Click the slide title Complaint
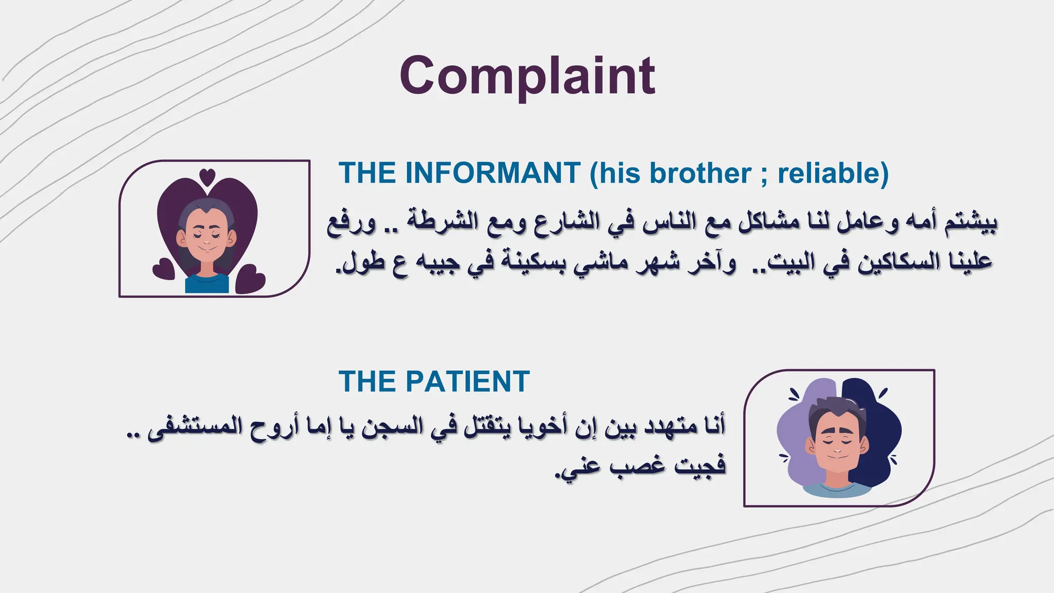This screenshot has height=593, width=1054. coord(527,76)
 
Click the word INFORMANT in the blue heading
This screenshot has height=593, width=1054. coord(493,173)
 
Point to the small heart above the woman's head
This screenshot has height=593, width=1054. coord(207,177)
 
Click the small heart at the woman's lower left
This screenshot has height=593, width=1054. coord(164,269)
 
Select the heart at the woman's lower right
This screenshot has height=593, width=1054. coord(251,279)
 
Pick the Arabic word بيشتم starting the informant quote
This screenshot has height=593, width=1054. coord(970,222)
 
